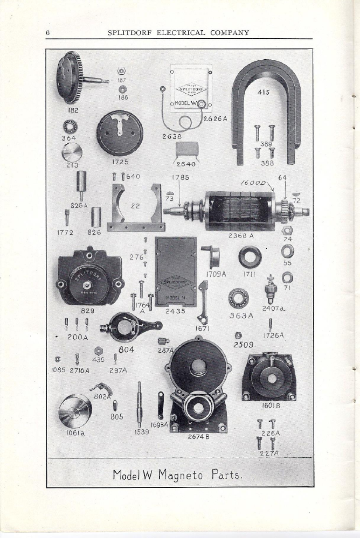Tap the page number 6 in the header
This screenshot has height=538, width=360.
pos(48,32)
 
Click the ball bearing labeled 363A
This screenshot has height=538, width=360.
pos(238,298)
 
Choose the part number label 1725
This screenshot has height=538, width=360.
pos(120,162)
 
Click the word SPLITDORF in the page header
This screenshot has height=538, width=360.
pos(130,32)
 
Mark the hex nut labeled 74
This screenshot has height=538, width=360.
pos(287,230)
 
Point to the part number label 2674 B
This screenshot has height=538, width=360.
pos(198,437)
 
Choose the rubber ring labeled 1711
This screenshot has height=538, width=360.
pos(250,257)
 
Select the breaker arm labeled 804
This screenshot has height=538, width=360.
pos(130,326)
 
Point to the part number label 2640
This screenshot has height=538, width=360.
pos(186,164)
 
